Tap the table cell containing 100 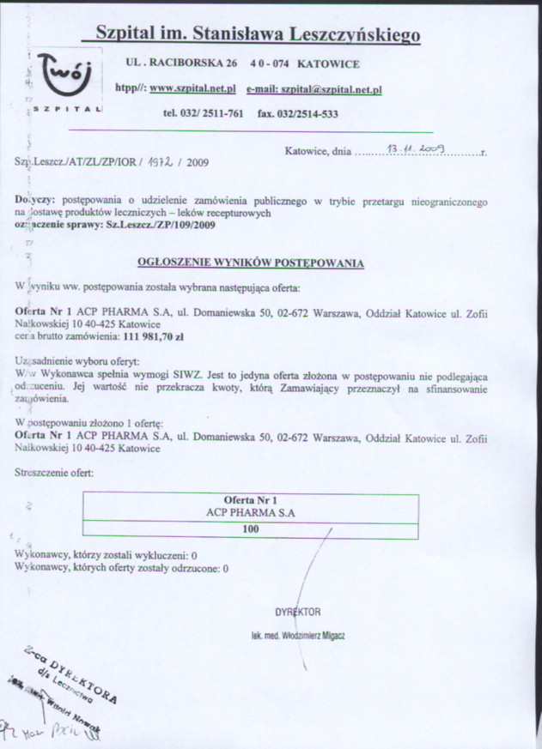pos(251,529)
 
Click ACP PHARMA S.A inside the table pos(251,512)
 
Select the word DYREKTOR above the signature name pos(298,612)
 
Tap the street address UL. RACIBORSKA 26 pos(181,63)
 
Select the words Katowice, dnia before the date pos(318,151)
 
